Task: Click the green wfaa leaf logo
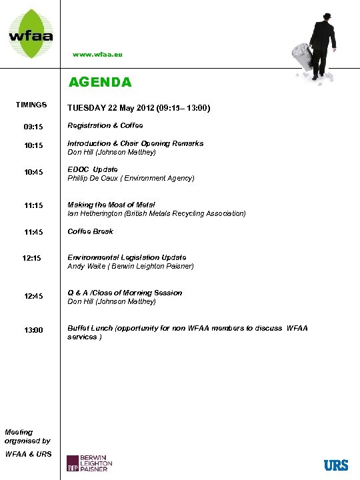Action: pyautogui.click(x=31, y=31)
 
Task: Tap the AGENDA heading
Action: pyautogui.click(x=101, y=82)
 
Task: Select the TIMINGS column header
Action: pyautogui.click(x=31, y=105)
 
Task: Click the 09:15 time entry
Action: pyautogui.click(x=33, y=126)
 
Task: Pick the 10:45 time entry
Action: pyautogui.click(x=33, y=173)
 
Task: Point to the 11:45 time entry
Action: pyautogui.click(x=33, y=232)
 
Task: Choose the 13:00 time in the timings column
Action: pyautogui.click(x=33, y=330)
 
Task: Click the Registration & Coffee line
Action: pyautogui.click(x=105, y=125)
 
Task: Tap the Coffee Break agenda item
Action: pyautogui.click(x=90, y=231)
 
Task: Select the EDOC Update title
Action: pyautogui.click(x=93, y=169)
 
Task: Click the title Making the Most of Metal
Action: pyautogui.click(x=111, y=205)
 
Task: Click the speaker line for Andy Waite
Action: pyautogui.click(x=131, y=266)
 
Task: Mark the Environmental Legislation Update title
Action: pyautogui.click(x=127, y=257)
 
